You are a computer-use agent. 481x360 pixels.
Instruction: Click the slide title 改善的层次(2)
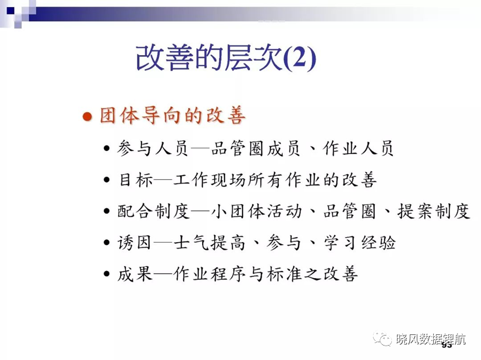[226, 58]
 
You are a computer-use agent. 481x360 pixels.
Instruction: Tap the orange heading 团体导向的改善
[173, 116]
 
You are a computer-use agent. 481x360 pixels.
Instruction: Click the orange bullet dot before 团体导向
[87, 116]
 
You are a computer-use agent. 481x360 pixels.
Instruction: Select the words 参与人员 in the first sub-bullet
[152, 149]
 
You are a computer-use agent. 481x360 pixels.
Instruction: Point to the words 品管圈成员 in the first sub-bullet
[255, 149]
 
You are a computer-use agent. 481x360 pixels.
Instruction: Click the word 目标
[136, 180]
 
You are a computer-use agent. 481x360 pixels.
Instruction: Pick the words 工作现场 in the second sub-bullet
[209, 180]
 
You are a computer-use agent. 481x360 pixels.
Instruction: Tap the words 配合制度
[154, 211]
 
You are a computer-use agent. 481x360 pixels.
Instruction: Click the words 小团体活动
[257, 211]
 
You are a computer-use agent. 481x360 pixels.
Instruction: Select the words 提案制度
[434, 211]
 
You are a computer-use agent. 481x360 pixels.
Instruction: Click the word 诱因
[134, 243]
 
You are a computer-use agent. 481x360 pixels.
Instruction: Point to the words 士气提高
[209, 243]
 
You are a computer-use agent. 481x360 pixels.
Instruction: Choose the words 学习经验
[360, 243]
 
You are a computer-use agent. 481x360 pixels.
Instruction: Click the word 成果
[135, 274]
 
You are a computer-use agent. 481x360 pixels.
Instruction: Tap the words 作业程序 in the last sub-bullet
[209, 274]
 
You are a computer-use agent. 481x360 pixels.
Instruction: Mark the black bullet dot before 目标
[106, 180]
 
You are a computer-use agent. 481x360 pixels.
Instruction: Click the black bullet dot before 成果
[106, 274]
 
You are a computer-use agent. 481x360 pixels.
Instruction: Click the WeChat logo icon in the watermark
[382, 338]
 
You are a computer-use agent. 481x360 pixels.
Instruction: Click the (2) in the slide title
[300, 58]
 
